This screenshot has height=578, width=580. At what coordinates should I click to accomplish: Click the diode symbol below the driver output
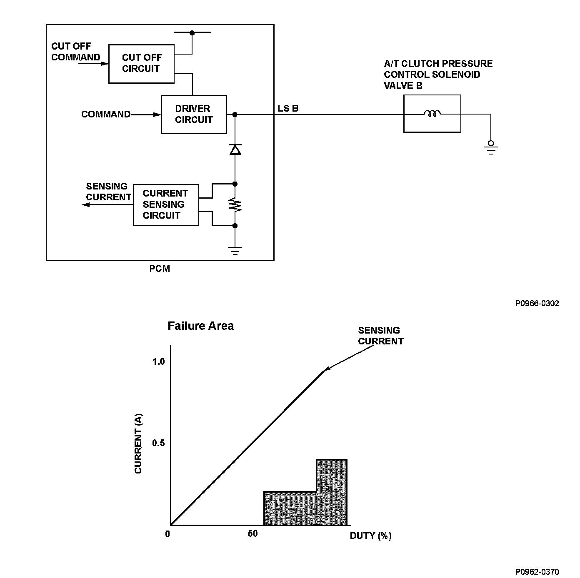pos(235,149)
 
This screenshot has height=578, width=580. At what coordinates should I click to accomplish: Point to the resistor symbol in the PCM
pos(235,204)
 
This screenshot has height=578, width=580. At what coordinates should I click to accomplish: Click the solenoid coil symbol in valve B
pos(432,113)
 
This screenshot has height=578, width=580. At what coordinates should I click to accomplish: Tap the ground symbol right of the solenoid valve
pos(491,148)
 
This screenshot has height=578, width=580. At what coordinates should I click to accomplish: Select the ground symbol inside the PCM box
pos(235,251)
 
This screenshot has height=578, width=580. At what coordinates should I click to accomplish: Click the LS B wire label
pos(288,108)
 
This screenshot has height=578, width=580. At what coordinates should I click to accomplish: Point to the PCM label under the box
pos(160,269)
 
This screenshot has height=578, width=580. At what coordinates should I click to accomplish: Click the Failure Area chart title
pos(200,326)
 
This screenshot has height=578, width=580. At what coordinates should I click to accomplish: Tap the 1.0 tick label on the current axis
pos(159,361)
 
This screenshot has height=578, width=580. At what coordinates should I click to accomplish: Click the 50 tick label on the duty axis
pos(253,533)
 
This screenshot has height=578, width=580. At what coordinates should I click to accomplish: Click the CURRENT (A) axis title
pos(138,443)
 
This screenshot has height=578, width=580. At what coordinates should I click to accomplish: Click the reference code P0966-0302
pos(537,303)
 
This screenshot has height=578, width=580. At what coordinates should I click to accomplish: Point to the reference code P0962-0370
pos(537,572)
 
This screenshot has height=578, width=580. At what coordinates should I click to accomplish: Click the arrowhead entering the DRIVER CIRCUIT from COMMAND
pos(157,115)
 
